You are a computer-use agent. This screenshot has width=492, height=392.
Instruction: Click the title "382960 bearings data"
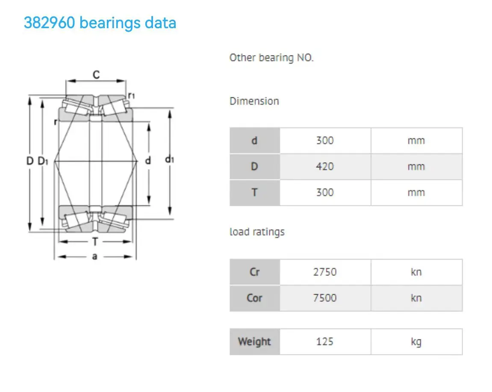tap(100, 23)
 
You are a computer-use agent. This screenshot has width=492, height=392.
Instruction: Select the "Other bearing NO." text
tap(271, 58)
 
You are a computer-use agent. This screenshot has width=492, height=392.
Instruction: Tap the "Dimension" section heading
tap(254, 101)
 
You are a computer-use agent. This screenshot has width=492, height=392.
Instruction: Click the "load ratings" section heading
tap(257, 232)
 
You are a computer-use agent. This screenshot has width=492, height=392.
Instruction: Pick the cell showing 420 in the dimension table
tap(325, 167)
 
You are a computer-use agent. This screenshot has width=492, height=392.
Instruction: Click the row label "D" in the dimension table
tap(254, 167)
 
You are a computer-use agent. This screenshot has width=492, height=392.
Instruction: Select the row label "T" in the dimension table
tap(254, 193)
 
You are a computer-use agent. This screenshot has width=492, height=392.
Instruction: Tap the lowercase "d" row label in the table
tap(254, 140)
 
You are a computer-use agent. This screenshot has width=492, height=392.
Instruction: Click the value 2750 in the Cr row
tap(325, 272)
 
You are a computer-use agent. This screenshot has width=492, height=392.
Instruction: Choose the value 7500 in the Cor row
tap(325, 298)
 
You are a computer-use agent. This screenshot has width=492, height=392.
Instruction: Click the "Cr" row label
tap(254, 272)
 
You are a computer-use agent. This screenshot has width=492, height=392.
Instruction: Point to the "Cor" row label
tap(254, 298)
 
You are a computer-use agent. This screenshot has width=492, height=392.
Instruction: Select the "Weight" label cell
tap(254, 342)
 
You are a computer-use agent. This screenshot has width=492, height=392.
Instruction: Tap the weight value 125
tap(325, 342)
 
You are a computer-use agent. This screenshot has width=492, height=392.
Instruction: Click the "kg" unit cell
tap(416, 342)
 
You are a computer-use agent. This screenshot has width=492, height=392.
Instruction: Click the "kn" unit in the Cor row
tap(416, 298)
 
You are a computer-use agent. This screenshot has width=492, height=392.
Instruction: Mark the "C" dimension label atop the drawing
tap(96, 75)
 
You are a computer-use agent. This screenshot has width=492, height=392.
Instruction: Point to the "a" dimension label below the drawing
tap(94, 257)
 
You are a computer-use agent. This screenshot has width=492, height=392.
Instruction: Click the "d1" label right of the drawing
tap(170, 160)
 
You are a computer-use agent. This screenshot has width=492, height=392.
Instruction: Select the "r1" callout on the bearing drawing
tap(132, 95)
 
